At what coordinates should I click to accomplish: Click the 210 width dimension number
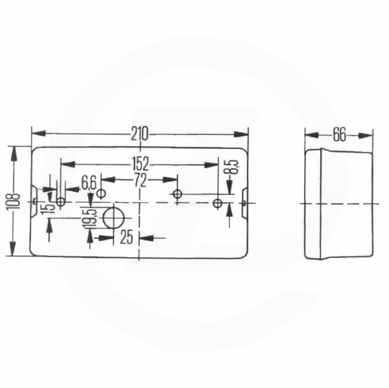click(x=139, y=134)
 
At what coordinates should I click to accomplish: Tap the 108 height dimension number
click(x=13, y=201)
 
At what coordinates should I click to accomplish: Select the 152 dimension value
click(x=140, y=164)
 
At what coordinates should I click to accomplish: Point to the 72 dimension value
click(x=140, y=181)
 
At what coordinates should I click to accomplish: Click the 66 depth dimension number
click(x=339, y=135)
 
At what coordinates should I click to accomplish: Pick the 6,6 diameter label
click(x=89, y=184)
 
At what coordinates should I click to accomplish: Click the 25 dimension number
click(x=126, y=237)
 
